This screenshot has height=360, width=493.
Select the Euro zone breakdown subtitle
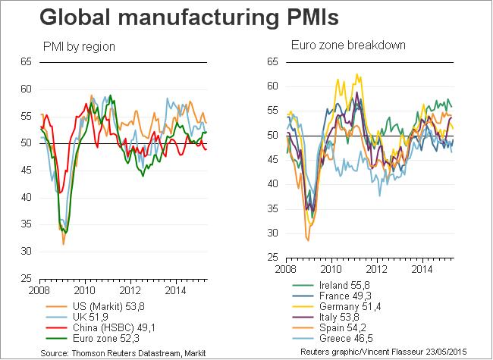click(x=338, y=45)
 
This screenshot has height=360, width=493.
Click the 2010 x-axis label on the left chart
click(x=84, y=289)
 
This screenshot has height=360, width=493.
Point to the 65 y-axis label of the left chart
click(x=27, y=62)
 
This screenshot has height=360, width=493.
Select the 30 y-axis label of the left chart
click(x=27, y=251)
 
